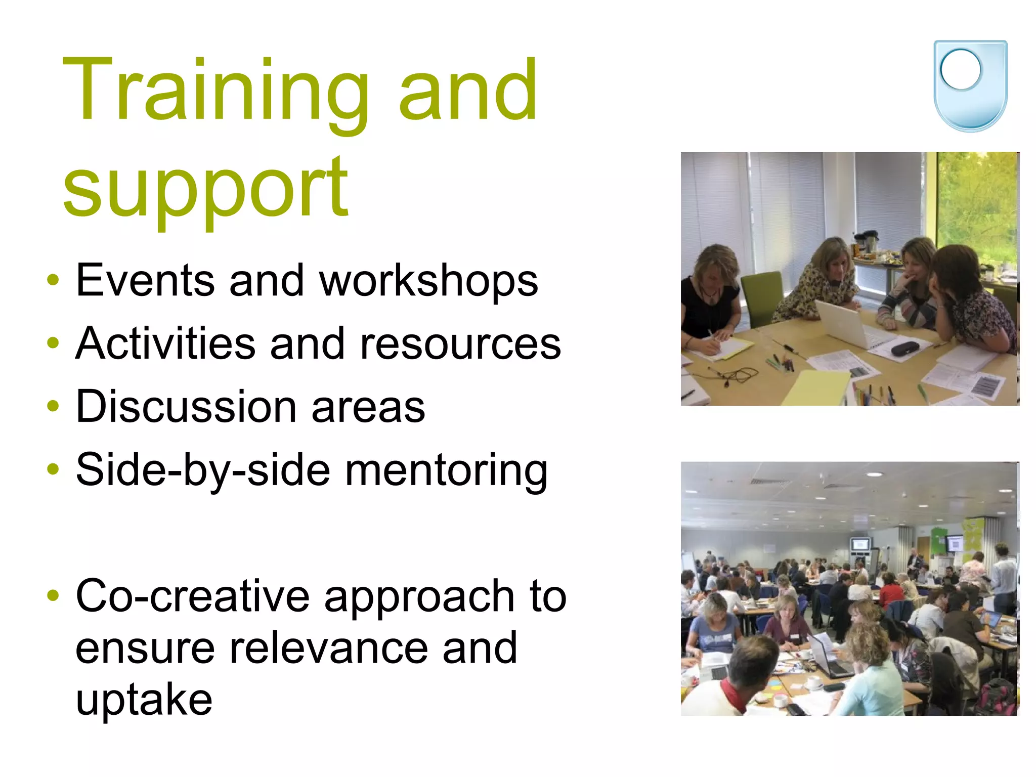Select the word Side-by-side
tap(203, 470)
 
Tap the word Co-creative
tap(192, 596)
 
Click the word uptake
tap(144, 701)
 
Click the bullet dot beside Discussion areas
tap(53, 406)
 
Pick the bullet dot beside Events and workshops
tap(53, 280)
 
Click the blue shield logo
tap(970, 86)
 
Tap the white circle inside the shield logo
tap(961, 70)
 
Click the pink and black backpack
tap(996, 696)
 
